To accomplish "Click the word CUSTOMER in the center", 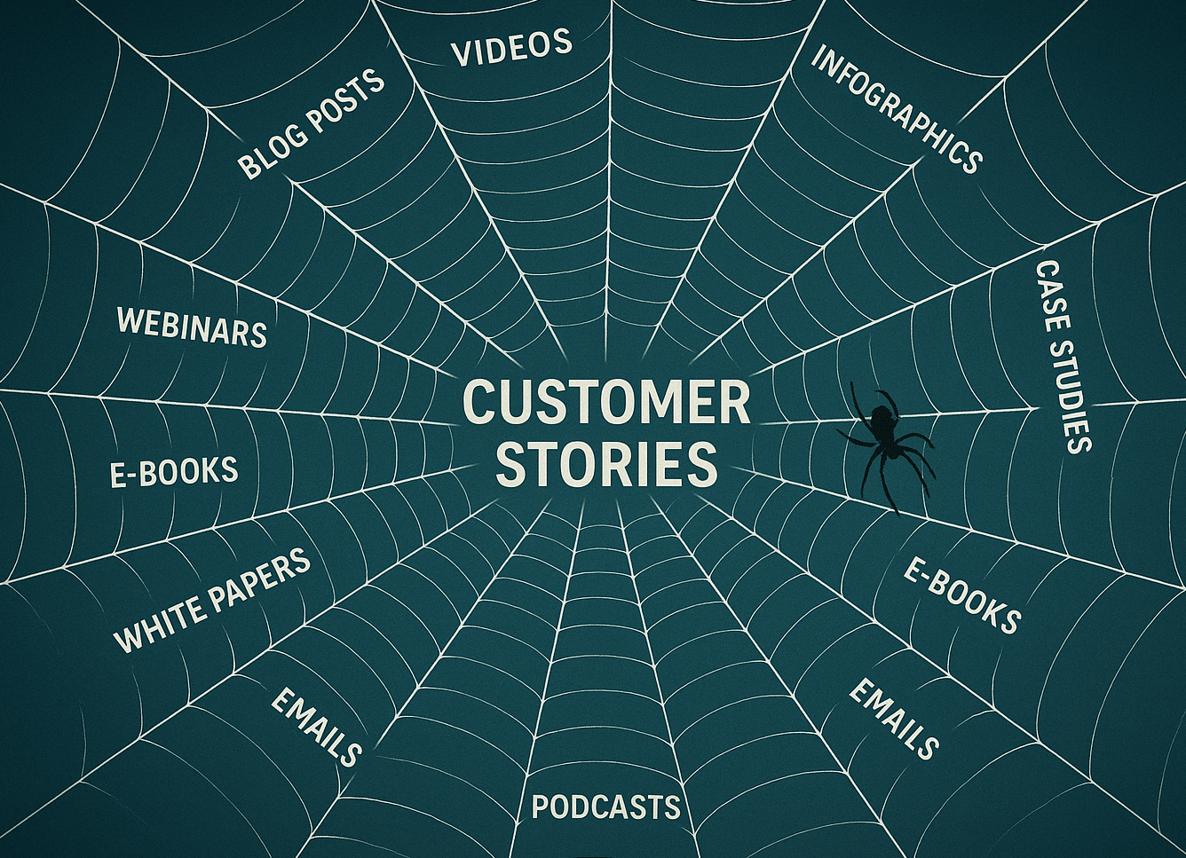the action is coord(607,404).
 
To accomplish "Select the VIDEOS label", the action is coord(511,47).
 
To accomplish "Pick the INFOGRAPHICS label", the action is coord(896,109).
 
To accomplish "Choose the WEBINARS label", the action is coord(192,327).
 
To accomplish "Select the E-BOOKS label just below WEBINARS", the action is coord(174,470).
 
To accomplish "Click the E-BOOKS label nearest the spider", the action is coord(962,596).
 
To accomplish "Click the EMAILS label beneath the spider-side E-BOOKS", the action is coord(894,719).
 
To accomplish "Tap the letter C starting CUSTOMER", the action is coord(481,404).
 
